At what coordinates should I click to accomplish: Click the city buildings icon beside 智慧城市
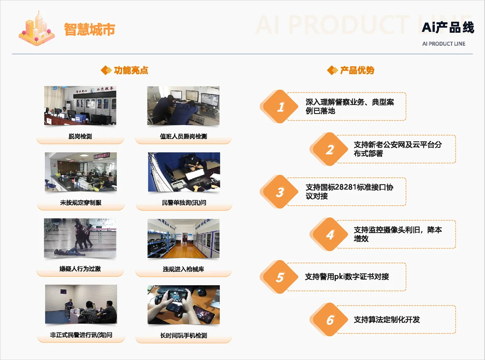(37, 28)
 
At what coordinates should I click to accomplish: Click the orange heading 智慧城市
(89, 29)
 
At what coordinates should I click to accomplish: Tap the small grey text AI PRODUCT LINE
(444, 44)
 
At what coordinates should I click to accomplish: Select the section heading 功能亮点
(131, 70)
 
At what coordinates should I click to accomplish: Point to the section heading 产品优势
(357, 70)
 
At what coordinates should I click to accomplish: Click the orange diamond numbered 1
(279, 106)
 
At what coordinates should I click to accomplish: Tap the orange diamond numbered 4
(329, 234)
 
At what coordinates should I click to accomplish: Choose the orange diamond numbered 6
(329, 320)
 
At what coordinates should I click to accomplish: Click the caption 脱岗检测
(80, 137)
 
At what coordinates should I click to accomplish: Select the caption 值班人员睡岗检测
(183, 137)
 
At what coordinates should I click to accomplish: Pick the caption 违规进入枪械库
(183, 269)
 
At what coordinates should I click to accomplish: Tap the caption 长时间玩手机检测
(183, 335)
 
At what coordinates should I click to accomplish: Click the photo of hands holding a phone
(183, 305)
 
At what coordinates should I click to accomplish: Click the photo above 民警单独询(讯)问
(184, 172)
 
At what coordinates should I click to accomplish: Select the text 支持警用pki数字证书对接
(347, 277)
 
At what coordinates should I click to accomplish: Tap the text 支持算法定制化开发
(387, 320)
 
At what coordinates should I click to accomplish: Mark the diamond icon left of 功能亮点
(106, 70)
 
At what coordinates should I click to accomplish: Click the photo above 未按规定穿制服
(81, 172)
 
